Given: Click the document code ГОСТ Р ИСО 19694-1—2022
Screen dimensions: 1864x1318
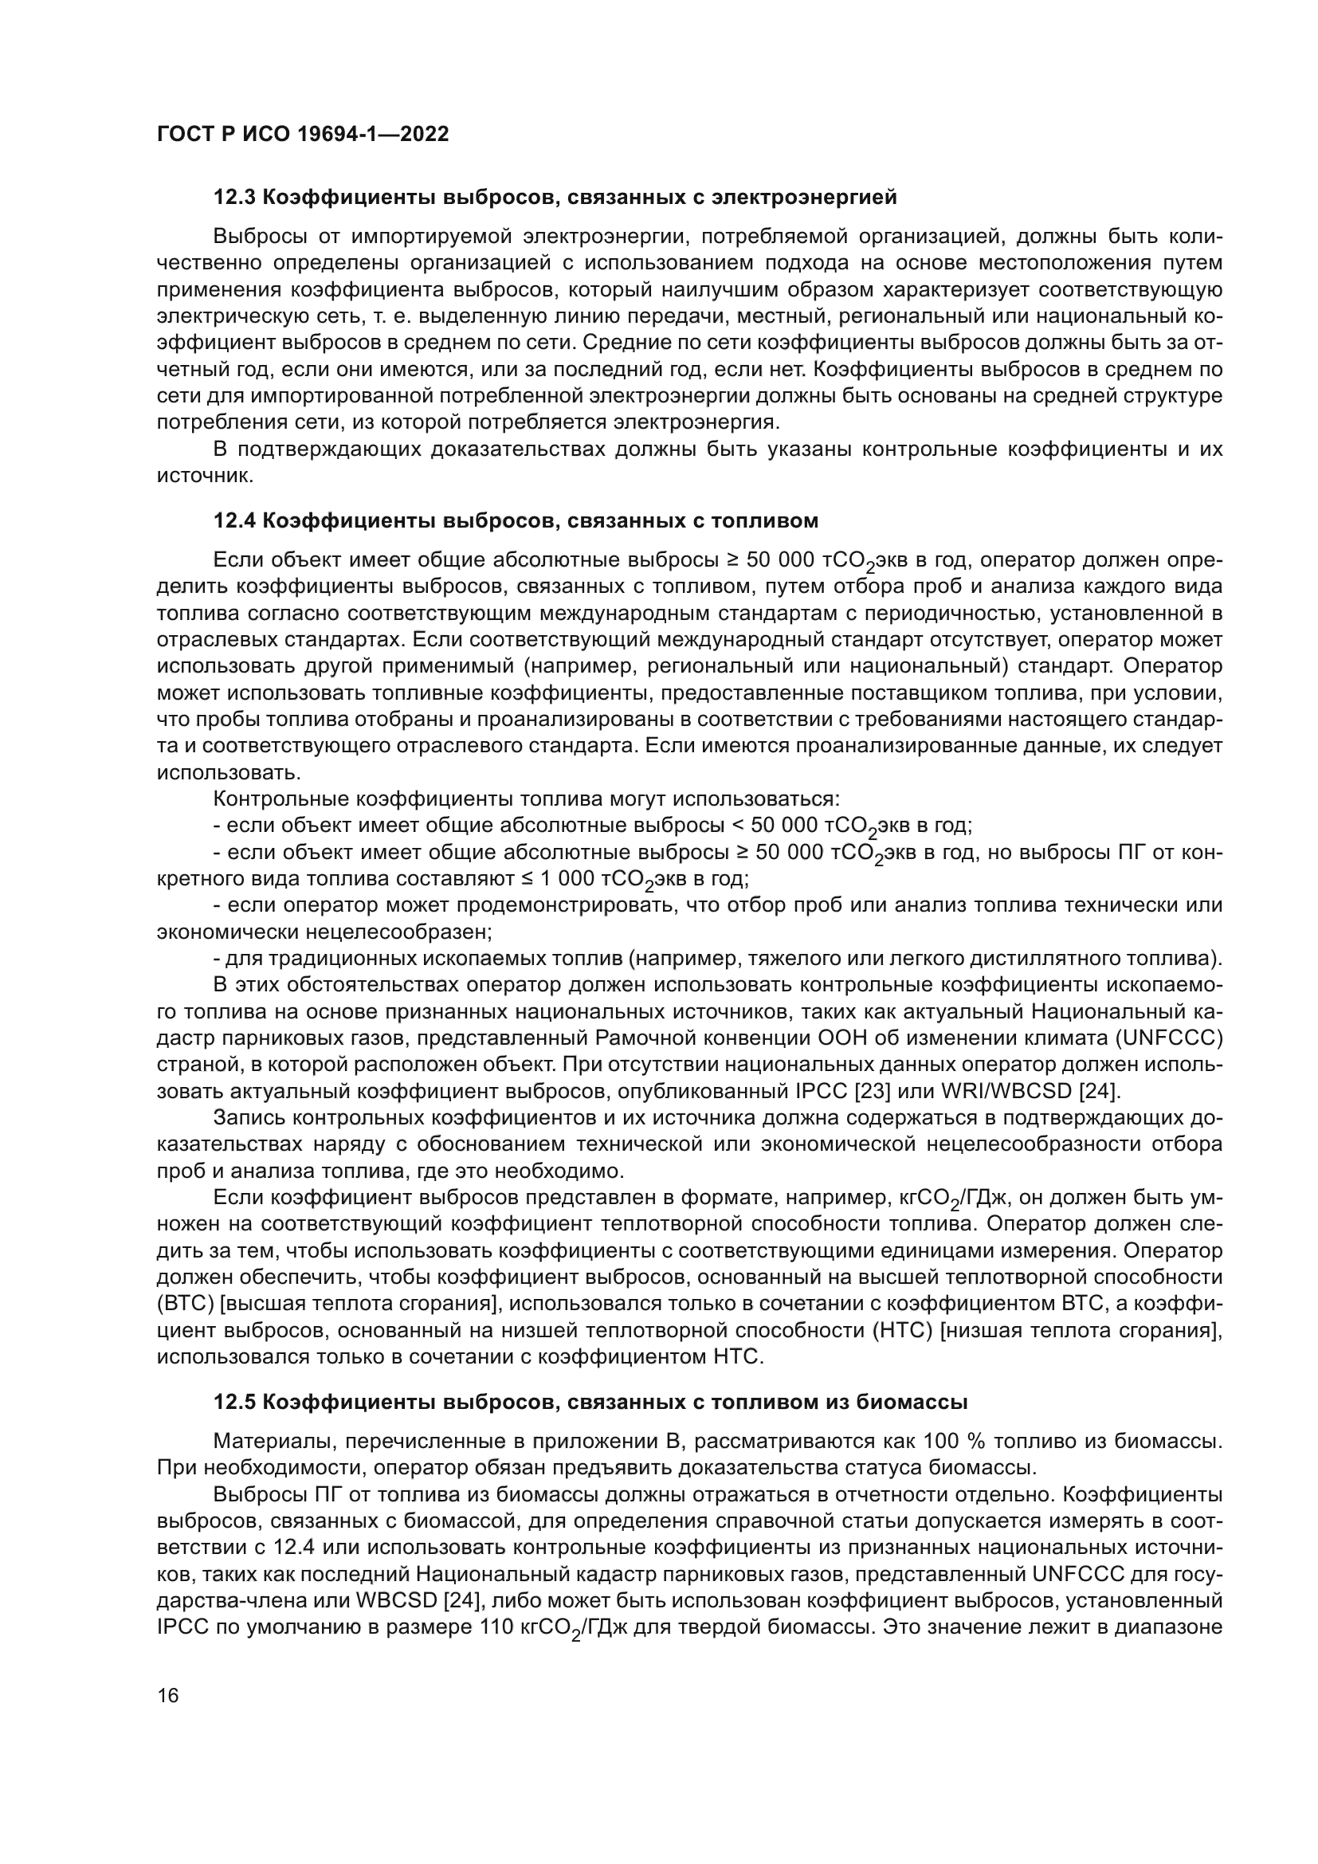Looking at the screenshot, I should click(x=302, y=135).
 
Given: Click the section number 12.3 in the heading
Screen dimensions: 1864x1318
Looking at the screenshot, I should click(x=235, y=198).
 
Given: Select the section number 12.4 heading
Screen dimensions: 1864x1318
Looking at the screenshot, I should click(x=235, y=520).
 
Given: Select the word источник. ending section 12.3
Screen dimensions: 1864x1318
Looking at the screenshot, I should click(x=206, y=476).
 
